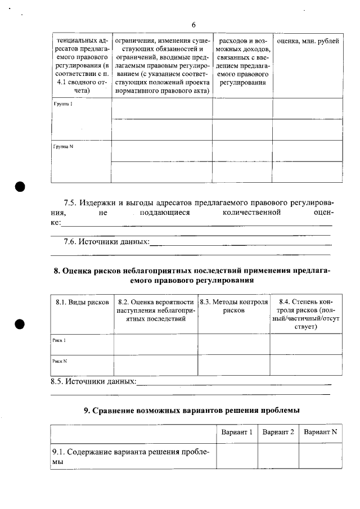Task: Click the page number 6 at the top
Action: [193, 25]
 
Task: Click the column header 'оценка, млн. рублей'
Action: [307, 42]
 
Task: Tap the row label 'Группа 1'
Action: [63, 105]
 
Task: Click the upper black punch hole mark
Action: [20, 187]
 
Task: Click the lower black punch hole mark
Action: [20, 325]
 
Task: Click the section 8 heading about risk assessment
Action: [192, 275]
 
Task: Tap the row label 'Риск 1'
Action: [59, 340]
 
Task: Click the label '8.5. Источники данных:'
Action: [93, 382]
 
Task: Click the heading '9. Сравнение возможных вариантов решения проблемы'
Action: [192, 410]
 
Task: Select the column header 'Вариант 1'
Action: [237, 432]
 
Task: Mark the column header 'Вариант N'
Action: [320, 432]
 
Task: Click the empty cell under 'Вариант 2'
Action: [278, 456]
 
